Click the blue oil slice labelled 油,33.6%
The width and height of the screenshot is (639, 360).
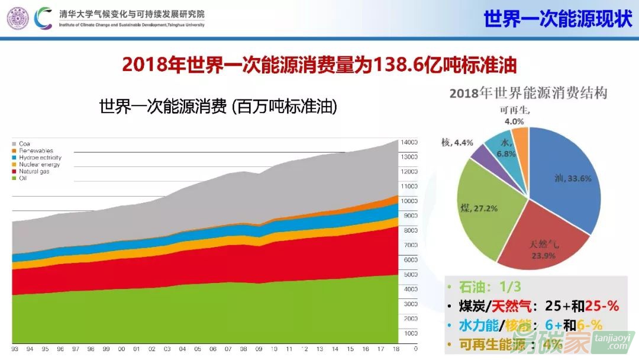pyautogui.click(x=565, y=178)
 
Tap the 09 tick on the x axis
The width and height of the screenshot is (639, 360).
pyautogui.click(x=258, y=349)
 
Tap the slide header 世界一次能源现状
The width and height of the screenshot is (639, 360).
pyautogui.click(x=558, y=18)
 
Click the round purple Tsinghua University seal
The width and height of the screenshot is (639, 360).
pyautogui.click(x=18, y=18)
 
